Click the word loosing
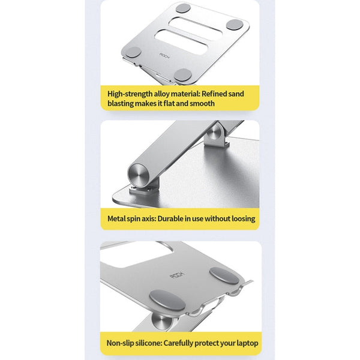(241, 218)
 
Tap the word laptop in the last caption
(246, 343)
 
